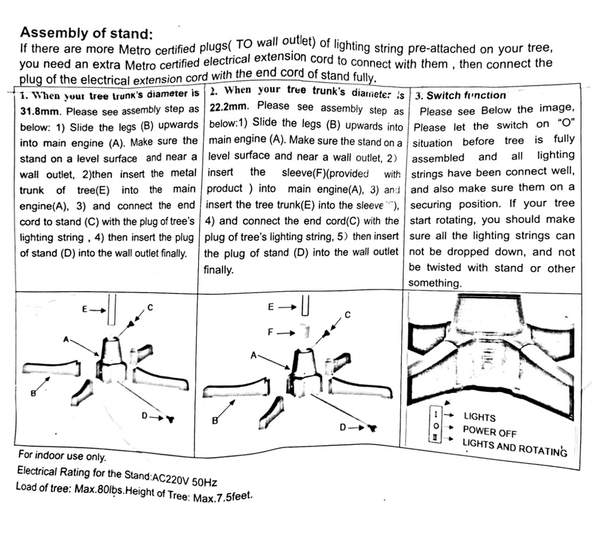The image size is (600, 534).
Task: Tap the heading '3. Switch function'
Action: pos(460,95)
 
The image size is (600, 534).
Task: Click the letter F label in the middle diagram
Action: pos(271,332)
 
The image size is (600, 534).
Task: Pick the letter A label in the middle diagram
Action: pos(253,355)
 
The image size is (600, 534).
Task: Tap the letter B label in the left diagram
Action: pos(33,393)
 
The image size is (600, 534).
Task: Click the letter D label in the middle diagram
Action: pos(343,427)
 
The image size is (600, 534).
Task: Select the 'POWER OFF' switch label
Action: pos(489,432)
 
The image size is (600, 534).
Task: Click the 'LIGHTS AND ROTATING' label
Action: pos(514,447)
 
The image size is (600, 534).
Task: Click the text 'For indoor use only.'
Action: pos(62,455)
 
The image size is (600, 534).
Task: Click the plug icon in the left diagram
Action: pos(170,419)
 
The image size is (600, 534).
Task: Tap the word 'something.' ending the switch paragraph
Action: pos(435,283)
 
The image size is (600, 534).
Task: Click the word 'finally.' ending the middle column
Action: pos(219,270)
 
